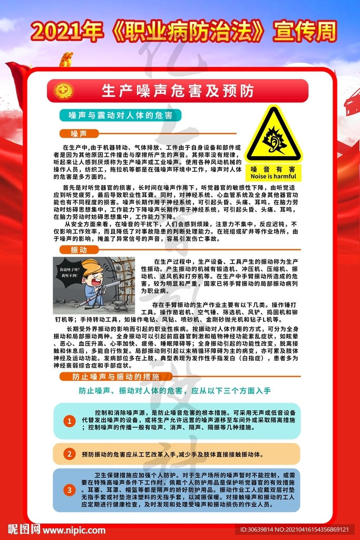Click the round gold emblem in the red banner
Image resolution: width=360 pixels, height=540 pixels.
tap(64, 91)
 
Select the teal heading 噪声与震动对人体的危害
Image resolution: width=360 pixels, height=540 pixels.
tap(121, 115)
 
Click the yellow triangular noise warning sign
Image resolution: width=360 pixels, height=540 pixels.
tap(274, 136)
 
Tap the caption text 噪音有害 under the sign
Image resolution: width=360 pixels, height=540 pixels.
tap(273, 169)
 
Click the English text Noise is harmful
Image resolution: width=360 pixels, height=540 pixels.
tap(273, 177)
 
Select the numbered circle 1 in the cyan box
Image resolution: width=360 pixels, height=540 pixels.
tap(69, 421)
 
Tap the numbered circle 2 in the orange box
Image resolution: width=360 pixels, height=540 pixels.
tap(69, 454)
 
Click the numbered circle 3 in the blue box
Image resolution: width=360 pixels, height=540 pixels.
tap(69, 490)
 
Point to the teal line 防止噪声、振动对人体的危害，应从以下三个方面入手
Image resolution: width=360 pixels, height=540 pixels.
tap(175, 391)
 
